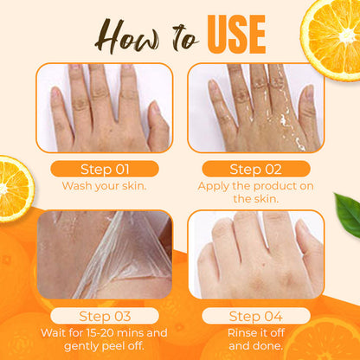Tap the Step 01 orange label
(105, 169)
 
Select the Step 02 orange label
(255, 169)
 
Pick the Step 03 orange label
(105, 316)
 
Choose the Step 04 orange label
(255, 316)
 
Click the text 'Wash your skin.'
(105, 185)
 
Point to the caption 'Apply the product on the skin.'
(255, 192)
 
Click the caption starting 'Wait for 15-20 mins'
(105, 339)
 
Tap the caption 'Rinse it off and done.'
(255, 339)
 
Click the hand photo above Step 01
(105, 108)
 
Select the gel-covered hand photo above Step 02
(255, 108)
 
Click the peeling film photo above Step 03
(105, 255)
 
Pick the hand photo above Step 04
(255, 255)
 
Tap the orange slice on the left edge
(13, 188)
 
